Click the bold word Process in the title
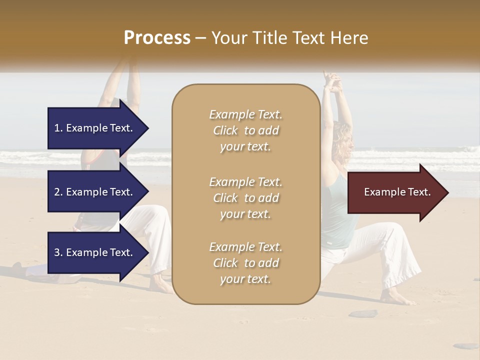tap(157, 38)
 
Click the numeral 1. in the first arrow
tap(58, 128)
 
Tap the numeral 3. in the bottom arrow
tap(58, 252)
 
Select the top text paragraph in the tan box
tap(245, 130)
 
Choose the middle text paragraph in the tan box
tap(245, 198)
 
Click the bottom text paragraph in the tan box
tap(245, 263)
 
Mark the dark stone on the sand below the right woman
tap(362, 313)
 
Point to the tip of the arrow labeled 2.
tap(147, 192)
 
